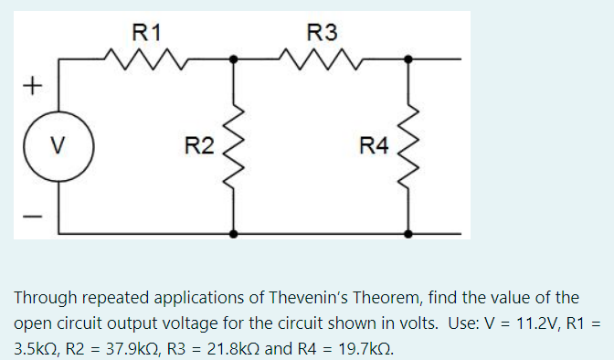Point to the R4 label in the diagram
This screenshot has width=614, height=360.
click(x=374, y=145)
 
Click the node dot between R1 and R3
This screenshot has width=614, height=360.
click(x=235, y=59)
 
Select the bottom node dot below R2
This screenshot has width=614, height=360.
click(x=235, y=234)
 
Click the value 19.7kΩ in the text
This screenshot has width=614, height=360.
click(x=360, y=349)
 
